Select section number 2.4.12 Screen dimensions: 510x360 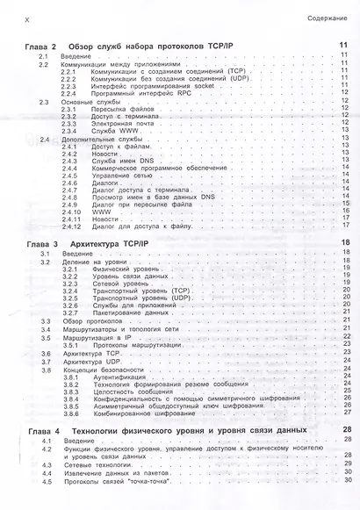coord(69,225)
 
